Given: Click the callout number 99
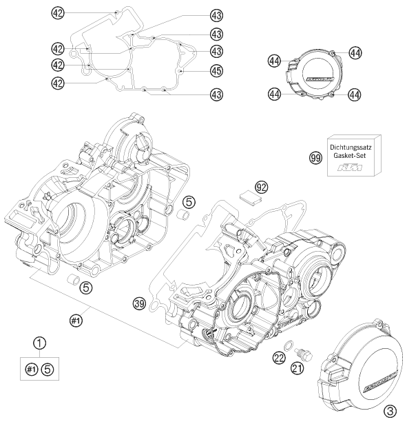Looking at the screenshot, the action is click(x=315, y=157).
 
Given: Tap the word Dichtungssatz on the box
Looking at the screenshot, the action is click(x=351, y=147).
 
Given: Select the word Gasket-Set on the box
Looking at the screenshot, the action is click(x=349, y=155).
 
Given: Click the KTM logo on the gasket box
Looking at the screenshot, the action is click(x=350, y=168).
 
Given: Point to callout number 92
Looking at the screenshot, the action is click(x=261, y=187).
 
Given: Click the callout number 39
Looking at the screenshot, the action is click(x=140, y=304).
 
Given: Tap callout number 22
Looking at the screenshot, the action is click(x=280, y=358).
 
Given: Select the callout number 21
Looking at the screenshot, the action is click(x=297, y=368).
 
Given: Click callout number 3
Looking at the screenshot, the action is click(x=390, y=411).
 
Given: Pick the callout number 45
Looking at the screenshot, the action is click(x=216, y=71).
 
